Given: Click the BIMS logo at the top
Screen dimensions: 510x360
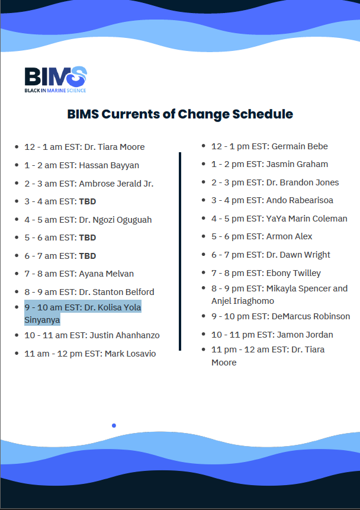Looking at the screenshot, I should click(x=56, y=79).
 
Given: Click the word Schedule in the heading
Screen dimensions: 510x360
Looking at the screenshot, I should click(x=262, y=114).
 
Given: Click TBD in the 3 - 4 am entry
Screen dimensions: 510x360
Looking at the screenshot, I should click(x=87, y=201).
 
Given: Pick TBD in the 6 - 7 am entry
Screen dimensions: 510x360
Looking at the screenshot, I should click(x=87, y=256).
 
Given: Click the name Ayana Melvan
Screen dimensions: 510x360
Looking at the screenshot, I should click(x=106, y=274).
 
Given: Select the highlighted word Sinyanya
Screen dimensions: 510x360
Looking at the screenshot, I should click(x=42, y=320).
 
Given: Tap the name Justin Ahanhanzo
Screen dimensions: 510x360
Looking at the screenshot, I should click(x=124, y=335).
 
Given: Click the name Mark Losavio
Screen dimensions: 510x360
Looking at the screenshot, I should click(x=130, y=354).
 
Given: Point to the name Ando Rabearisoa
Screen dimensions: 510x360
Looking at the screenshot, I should click(x=300, y=200).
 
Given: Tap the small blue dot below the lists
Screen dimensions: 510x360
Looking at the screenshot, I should click(x=114, y=425).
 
